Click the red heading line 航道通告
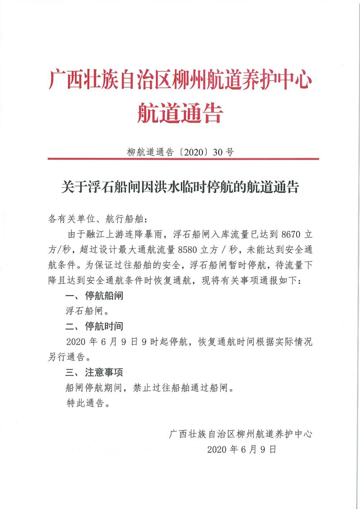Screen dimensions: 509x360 180,113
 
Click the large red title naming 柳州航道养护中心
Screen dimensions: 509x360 180,80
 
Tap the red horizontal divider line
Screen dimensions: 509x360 183,159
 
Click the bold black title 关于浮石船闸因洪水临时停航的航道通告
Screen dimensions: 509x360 180,187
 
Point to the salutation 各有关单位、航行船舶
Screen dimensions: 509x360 97,219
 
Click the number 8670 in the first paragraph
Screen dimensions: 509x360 291,235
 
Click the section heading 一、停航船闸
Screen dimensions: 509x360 94,296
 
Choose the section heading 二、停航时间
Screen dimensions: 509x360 94,326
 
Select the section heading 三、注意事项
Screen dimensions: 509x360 94,372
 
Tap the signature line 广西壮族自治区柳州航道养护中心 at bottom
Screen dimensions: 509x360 240,434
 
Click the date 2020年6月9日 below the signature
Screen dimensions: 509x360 242,449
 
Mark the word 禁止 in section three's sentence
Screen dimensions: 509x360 142,388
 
